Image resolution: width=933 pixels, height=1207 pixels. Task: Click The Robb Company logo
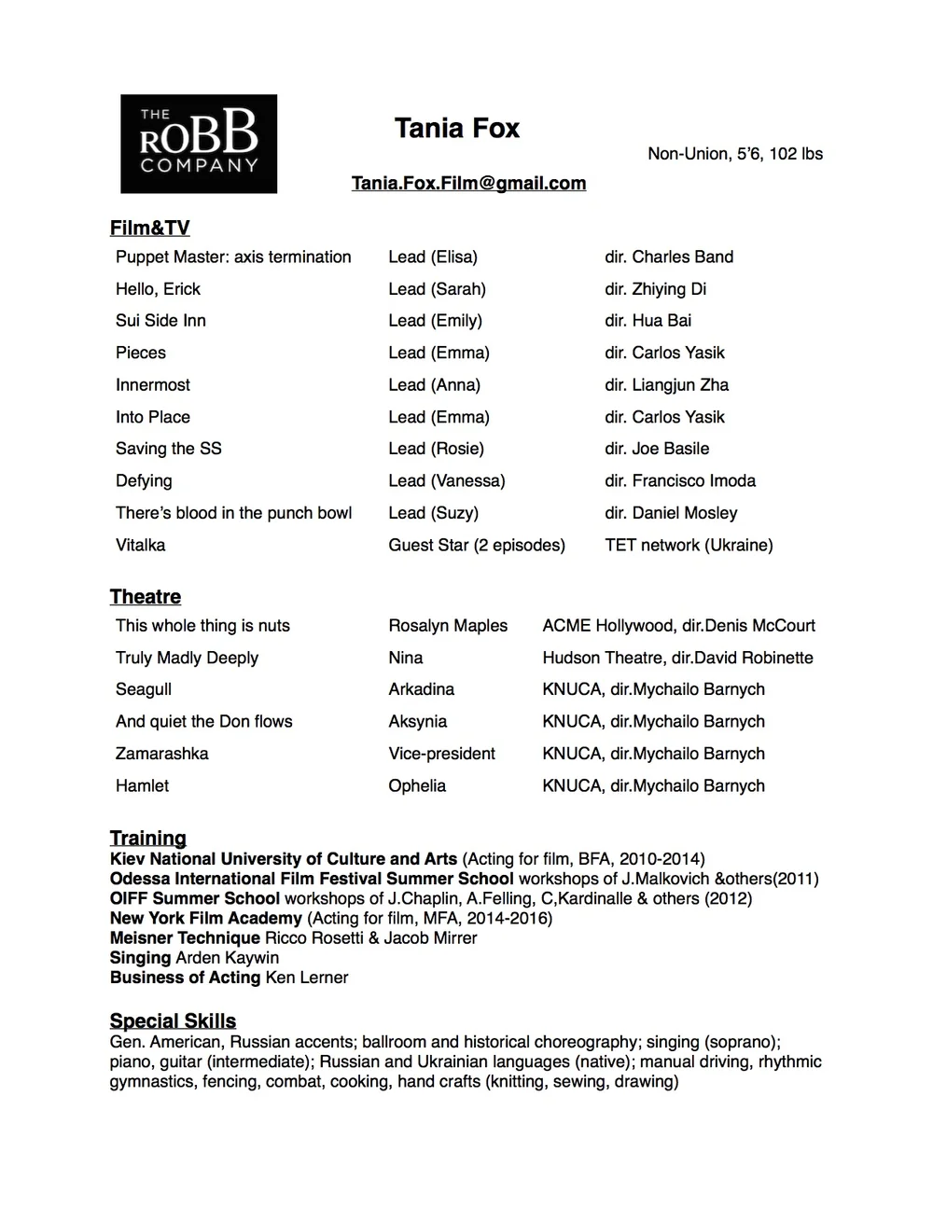(199, 144)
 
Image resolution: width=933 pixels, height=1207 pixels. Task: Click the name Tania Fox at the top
(456, 128)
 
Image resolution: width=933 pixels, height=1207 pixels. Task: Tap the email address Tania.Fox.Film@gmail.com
(468, 183)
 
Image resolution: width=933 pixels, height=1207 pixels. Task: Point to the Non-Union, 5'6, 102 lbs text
(735, 154)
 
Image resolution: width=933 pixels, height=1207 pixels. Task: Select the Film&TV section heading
(149, 228)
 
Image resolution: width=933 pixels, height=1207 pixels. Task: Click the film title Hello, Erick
(158, 289)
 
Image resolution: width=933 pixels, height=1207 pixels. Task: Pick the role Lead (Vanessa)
(446, 481)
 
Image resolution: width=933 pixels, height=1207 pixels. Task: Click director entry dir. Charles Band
(668, 257)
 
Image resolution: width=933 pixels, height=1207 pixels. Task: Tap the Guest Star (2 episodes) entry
(476, 545)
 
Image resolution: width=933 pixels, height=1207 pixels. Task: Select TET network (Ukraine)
(689, 545)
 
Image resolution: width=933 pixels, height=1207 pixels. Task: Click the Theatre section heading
(146, 597)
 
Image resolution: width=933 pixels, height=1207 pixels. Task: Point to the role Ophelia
(417, 785)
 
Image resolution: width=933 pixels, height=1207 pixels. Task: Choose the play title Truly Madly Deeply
(187, 658)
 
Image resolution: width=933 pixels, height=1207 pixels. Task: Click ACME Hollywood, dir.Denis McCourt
(678, 626)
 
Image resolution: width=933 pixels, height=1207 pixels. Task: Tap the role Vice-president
(441, 754)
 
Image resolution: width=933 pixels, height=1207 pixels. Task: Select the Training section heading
(147, 838)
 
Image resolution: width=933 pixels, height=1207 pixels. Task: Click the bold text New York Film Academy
(205, 918)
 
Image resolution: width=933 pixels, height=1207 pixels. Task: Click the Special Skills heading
(173, 1020)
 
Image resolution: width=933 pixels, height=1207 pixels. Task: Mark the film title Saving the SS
(168, 449)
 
